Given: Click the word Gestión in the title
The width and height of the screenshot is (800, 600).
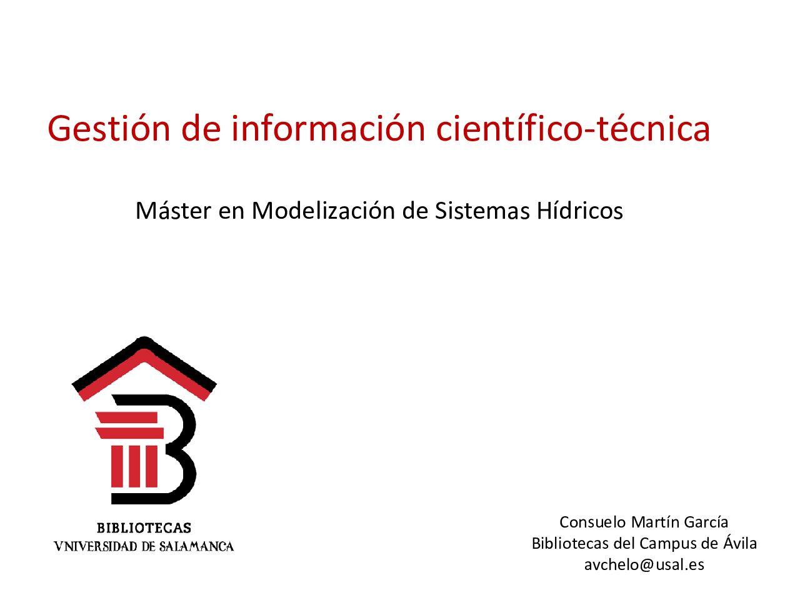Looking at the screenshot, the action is coord(109,129).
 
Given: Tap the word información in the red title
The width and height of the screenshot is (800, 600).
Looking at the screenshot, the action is coord(328,128).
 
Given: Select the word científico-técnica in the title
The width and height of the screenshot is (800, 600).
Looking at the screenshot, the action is coord(573,128).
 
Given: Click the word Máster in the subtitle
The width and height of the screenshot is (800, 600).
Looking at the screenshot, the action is coord(173,211).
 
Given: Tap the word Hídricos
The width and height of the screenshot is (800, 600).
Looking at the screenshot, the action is coord(580,211).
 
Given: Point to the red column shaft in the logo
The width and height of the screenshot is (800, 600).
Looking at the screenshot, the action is coord(134,466).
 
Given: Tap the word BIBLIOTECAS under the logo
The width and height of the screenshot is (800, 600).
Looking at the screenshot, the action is coord(144,528).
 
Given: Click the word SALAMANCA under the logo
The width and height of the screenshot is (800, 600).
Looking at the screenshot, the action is coord(196,546).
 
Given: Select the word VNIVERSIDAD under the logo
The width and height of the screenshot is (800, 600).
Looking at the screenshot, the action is coord(96,546).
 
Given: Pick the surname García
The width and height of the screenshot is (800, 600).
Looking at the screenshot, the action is coord(706,522).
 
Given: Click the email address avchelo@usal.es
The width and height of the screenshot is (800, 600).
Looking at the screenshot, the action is coord(644,564).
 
